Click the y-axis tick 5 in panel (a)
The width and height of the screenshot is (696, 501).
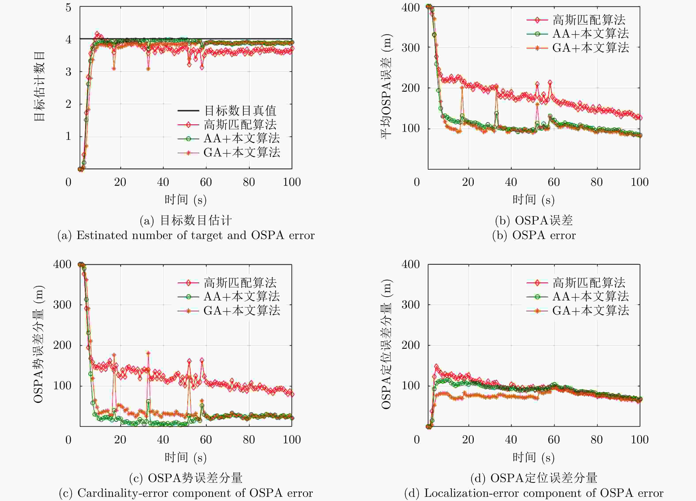(68, 8)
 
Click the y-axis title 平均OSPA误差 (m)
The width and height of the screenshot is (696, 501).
(386, 87)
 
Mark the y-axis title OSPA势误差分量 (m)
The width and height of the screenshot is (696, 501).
(39, 344)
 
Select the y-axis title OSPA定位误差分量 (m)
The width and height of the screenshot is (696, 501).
(386, 344)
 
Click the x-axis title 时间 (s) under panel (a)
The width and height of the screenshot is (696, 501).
(185, 200)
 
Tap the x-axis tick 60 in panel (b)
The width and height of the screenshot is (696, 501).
(554, 182)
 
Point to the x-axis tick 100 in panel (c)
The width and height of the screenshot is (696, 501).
(291, 440)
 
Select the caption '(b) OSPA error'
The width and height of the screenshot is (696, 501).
(534, 235)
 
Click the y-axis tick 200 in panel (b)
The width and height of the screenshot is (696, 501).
(411, 88)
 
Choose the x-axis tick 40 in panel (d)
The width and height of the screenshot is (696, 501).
(511, 440)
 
